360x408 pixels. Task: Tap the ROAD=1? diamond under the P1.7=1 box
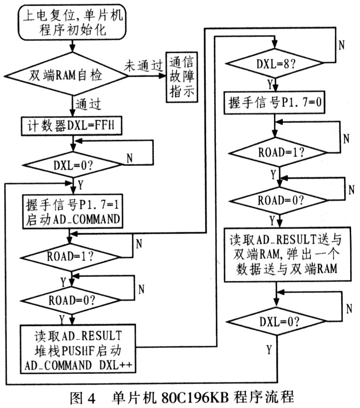tap(70, 257)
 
